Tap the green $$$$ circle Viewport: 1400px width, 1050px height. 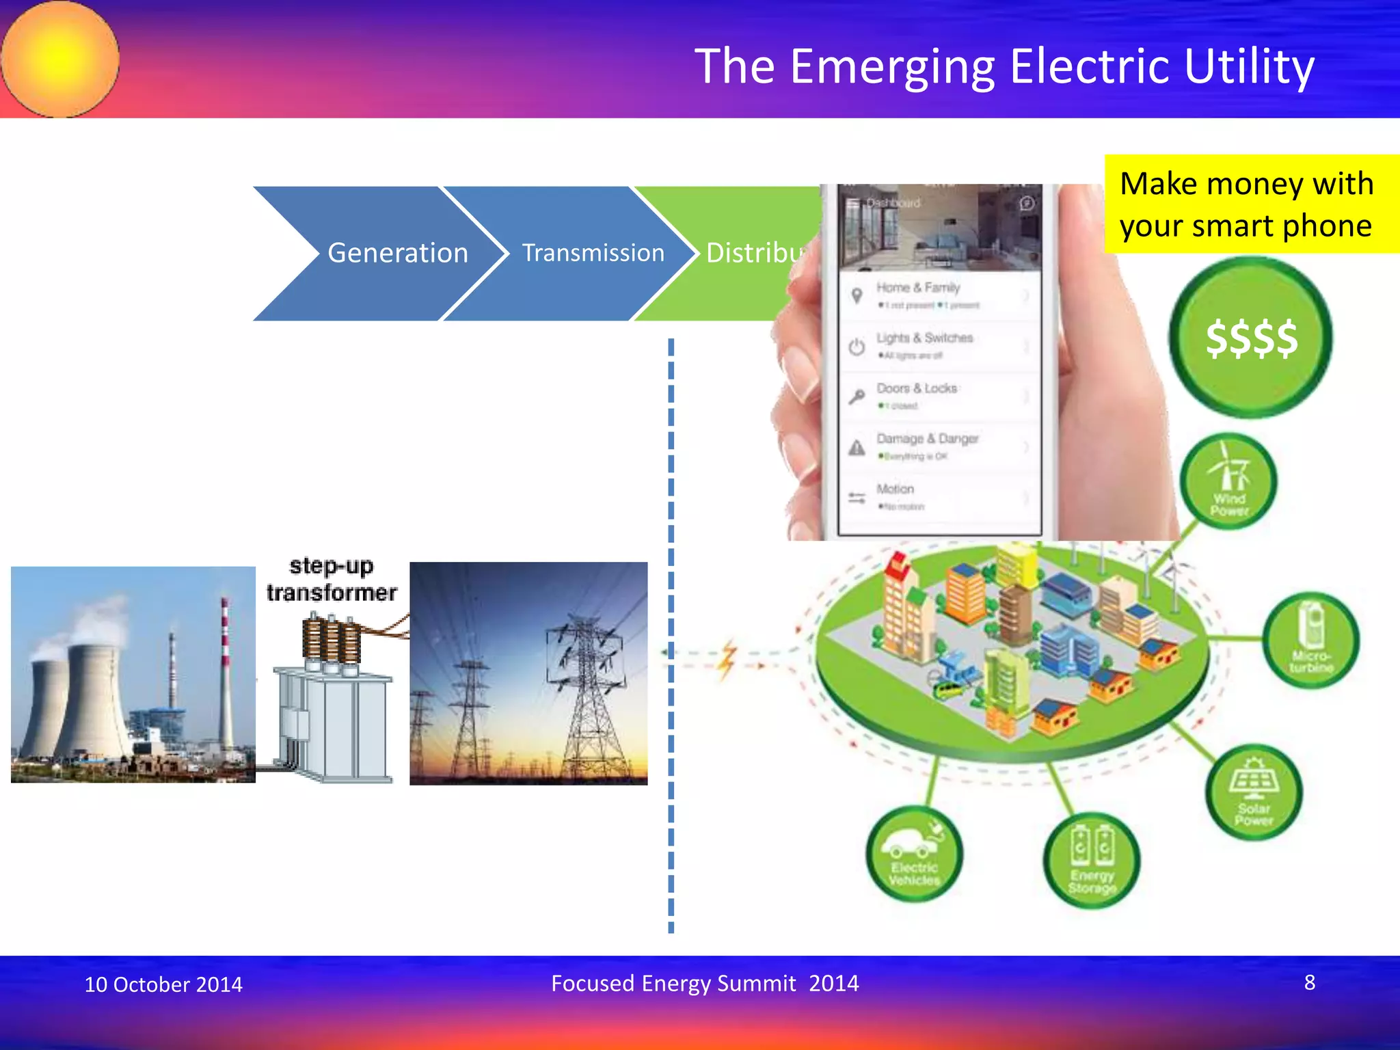pyautogui.click(x=1250, y=338)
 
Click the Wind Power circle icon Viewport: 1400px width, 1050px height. pyautogui.click(x=1228, y=483)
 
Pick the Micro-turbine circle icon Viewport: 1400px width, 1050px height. pyautogui.click(x=1310, y=640)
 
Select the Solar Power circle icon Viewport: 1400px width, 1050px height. pyautogui.click(x=1254, y=792)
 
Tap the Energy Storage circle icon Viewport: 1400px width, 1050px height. pyautogui.click(x=1092, y=861)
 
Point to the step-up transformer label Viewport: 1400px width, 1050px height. pyautogui.click(x=332, y=580)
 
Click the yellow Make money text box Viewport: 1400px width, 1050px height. pyautogui.click(x=1250, y=204)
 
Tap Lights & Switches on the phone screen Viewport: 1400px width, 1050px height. pyautogui.click(x=924, y=338)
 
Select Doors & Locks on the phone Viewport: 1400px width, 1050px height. pyautogui.click(x=917, y=388)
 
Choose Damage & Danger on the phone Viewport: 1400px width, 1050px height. pyautogui.click(x=927, y=439)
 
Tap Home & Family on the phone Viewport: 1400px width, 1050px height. pyautogui.click(x=918, y=288)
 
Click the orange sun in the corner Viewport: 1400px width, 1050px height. pyautogui.click(x=60, y=59)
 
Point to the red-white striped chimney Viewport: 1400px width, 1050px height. pyautogui.click(x=224, y=656)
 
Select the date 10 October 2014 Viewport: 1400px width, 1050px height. pyautogui.click(x=163, y=984)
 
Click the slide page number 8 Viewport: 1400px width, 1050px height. pyautogui.click(x=1309, y=982)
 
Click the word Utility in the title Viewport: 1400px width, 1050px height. pyautogui.click(x=1249, y=67)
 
